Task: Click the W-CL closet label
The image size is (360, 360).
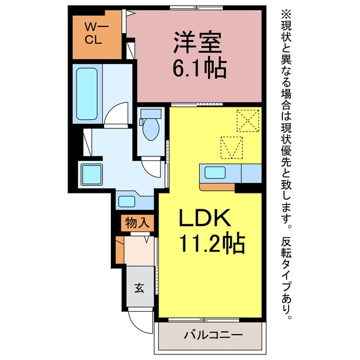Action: (x=93, y=33)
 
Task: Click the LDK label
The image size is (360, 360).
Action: (x=204, y=218)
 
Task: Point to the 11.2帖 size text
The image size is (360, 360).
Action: (x=211, y=242)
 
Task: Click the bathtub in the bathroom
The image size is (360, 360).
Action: (x=87, y=94)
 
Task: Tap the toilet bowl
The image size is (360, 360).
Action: (x=151, y=128)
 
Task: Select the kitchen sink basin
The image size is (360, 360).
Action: (x=215, y=173)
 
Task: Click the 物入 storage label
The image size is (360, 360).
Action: (x=137, y=223)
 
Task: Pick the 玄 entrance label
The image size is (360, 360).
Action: (x=139, y=287)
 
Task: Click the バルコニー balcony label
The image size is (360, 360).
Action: (x=213, y=335)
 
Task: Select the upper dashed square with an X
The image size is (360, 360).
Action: (x=247, y=121)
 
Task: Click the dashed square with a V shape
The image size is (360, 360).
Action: (x=232, y=147)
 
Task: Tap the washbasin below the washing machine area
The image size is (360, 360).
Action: (x=127, y=201)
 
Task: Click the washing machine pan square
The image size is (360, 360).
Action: (x=92, y=175)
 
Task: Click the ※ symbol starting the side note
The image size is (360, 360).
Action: (x=286, y=14)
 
